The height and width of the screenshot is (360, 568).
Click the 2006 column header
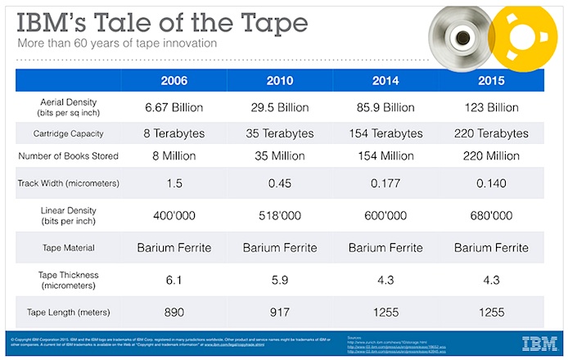point(174,82)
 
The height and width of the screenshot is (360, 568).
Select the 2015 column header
point(492,82)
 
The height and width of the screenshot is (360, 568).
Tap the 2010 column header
point(279,82)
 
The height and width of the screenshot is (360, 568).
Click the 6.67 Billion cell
point(174,107)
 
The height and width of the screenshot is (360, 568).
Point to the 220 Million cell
point(492,155)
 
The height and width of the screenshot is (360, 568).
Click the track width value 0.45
point(280,183)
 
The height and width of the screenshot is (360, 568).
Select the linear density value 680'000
point(492,216)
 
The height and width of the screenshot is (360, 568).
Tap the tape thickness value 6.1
point(174,279)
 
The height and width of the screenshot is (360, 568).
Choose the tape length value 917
point(280,311)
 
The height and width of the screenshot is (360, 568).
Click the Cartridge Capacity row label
point(69,133)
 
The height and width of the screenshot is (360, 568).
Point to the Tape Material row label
point(69,248)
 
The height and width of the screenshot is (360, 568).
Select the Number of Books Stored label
point(69,155)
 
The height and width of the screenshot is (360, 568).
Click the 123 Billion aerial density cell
point(492,107)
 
